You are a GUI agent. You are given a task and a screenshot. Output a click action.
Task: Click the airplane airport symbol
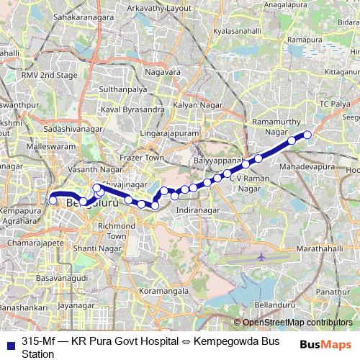coord(261,256)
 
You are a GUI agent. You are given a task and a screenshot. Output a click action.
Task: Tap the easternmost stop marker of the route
coord(307,134)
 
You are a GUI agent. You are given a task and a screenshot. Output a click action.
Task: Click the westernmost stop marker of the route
coord(53,201)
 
